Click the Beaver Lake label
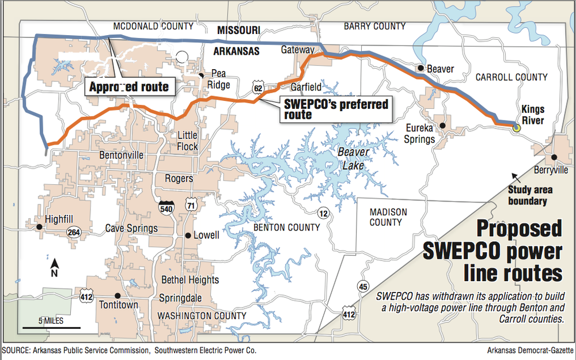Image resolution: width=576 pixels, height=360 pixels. click(350, 159)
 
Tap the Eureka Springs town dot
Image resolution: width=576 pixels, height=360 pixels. click(442, 125)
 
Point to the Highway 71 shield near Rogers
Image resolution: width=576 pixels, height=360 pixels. click(191, 204)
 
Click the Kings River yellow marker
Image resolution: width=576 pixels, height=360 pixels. click(516, 127)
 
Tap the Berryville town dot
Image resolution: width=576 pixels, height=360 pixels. click(554, 157)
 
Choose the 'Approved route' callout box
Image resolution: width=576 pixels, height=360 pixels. click(129, 86)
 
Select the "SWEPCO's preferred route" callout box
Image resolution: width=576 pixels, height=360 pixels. click(336, 109)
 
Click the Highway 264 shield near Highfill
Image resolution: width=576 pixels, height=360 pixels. click(73, 232)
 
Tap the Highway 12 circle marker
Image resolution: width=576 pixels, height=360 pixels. click(325, 214)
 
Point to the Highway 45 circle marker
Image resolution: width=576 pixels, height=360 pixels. click(363, 286)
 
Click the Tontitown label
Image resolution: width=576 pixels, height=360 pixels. click(119, 304)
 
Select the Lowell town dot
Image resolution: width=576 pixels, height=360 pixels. click(188, 235)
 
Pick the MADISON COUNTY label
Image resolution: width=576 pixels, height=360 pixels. click(388, 217)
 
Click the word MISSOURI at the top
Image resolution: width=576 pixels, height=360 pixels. click(238, 29)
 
